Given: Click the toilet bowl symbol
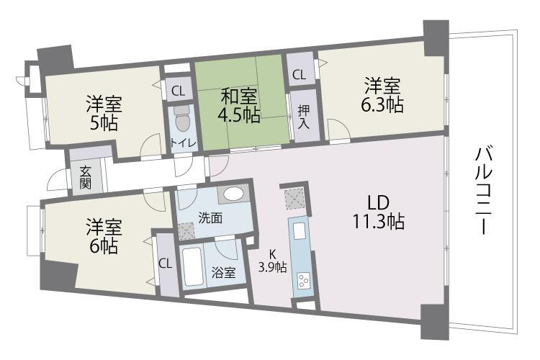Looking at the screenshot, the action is pyautogui.click(x=182, y=119).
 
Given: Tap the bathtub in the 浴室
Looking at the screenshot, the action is pyautogui.click(x=192, y=266).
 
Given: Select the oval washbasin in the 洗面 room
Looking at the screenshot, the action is pyautogui.click(x=233, y=194).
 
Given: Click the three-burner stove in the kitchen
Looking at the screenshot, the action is pyautogui.click(x=304, y=280).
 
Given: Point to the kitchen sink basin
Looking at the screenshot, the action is pyautogui.click(x=299, y=231).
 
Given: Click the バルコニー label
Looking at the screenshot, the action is pyautogui.click(x=484, y=191).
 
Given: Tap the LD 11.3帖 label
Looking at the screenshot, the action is pyautogui.click(x=378, y=212).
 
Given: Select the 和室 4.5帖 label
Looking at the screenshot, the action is pyautogui.click(x=239, y=105).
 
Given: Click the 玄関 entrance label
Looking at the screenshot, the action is pyautogui.click(x=85, y=178).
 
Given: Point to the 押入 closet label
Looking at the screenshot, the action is pyautogui.click(x=304, y=117).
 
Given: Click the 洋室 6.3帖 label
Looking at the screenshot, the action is pyautogui.click(x=382, y=95).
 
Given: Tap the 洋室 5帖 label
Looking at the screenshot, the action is pyautogui.click(x=104, y=113).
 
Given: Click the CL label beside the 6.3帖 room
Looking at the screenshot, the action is pyautogui.click(x=299, y=75).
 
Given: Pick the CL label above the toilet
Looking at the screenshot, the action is pyautogui.click(x=179, y=91).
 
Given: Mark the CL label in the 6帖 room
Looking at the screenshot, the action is pyautogui.click(x=166, y=264).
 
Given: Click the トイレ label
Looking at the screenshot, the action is pyautogui.click(x=184, y=143).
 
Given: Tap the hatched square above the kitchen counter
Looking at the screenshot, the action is pyautogui.click(x=294, y=199).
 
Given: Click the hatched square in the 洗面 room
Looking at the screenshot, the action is pyautogui.click(x=186, y=231).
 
